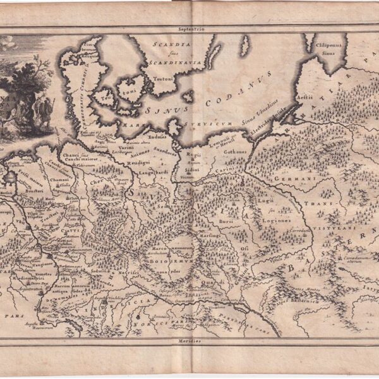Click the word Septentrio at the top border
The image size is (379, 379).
pyautogui.click(x=189, y=28)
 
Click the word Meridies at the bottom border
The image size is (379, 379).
pyautogui.click(x=189, y=340)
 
